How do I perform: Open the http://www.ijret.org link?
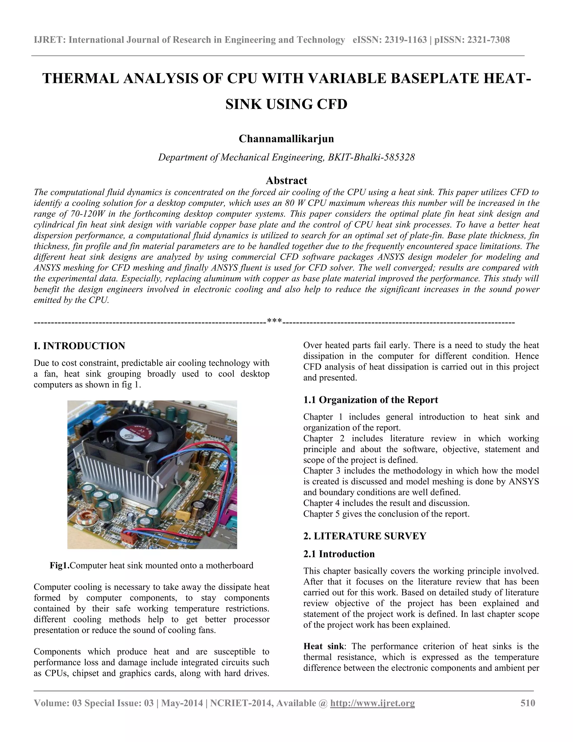tap(372, 703)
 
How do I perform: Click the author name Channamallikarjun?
tap(286, 139)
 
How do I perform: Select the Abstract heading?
tap(286, 180)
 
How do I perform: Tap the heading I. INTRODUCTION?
tap(79, 346)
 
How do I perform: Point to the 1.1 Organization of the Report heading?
tap(370, 400)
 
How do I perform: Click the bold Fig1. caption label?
tap(60, 565)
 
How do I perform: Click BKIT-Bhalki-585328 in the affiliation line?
tap(371, 157)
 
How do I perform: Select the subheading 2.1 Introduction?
tap(339, 554)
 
